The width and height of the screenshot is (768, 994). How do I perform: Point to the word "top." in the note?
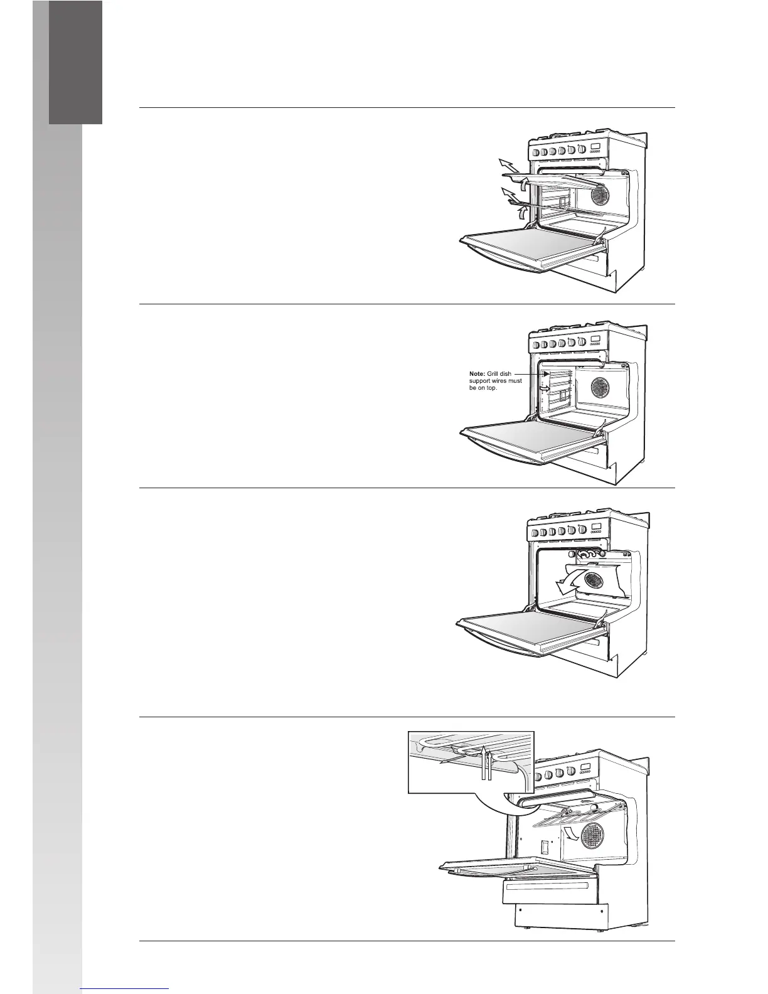[x=488, y=388]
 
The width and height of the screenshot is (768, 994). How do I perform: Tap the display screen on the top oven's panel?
[x=595, y=148]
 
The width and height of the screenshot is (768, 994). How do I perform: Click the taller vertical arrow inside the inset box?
[x=486, y=762]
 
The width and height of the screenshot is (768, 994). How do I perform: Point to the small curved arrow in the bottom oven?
[x=572, y=832]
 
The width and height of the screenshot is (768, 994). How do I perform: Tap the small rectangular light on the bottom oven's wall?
[x=545, y=847]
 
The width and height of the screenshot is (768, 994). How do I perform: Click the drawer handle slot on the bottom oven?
[x=547, y=885]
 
